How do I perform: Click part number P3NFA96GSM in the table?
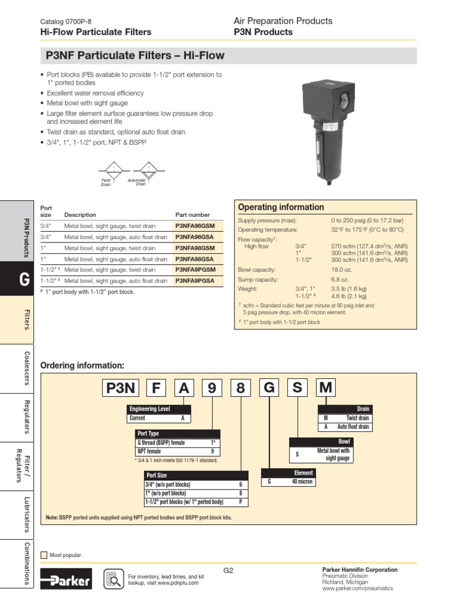pos(195,226)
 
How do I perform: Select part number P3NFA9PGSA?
pos(195,281)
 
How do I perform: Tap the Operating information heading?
pos(281,207)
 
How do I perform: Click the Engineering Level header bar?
pos(159,409)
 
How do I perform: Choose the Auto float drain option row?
pos(345,427)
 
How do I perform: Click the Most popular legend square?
pos(43,555)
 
